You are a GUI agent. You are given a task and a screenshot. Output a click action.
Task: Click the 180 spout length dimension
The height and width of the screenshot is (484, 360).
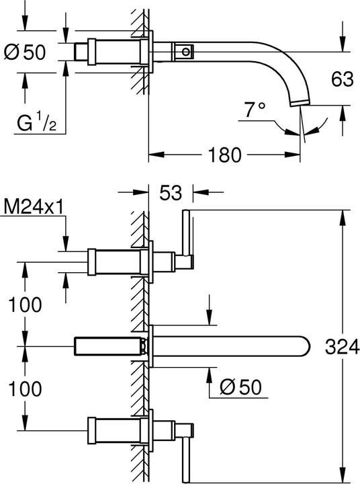click(224, 155)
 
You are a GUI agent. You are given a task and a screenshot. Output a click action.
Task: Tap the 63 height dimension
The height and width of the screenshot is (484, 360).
click(342, 80)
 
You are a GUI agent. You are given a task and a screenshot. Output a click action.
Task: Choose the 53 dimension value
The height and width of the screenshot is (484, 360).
click(171, 194)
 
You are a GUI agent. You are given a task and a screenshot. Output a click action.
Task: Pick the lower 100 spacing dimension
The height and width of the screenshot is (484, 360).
click(26, 388)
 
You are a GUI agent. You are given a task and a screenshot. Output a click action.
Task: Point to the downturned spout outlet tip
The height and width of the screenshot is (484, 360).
click(299, 103)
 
